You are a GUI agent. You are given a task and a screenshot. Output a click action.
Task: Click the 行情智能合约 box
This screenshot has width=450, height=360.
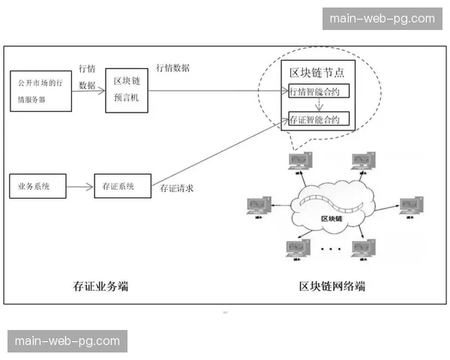tap(319, 91)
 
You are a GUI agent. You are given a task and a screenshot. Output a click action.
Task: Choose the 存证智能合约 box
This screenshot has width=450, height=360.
tap(319, 119)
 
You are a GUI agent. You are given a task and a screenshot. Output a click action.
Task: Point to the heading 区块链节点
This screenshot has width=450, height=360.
tap(316, 73)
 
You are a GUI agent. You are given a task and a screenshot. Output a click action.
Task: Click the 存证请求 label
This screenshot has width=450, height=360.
tap(177, 188)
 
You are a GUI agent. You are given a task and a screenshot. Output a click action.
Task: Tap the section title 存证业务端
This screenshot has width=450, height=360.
tap(100, 285)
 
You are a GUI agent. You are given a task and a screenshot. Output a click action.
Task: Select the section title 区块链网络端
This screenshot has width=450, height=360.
tap(331, 286)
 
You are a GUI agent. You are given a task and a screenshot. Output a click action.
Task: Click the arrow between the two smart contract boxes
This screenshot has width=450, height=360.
tap(319, 106)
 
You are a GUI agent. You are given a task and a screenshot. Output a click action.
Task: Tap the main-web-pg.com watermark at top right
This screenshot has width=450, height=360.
tap(382, 18)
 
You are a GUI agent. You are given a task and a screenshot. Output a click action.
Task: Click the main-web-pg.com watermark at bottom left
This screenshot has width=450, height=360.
tap(67, 341)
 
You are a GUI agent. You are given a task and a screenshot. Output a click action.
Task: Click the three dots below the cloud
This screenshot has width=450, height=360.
tap(330, 248)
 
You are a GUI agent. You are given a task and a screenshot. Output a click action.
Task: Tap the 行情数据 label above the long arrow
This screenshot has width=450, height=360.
tap(172, 67)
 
